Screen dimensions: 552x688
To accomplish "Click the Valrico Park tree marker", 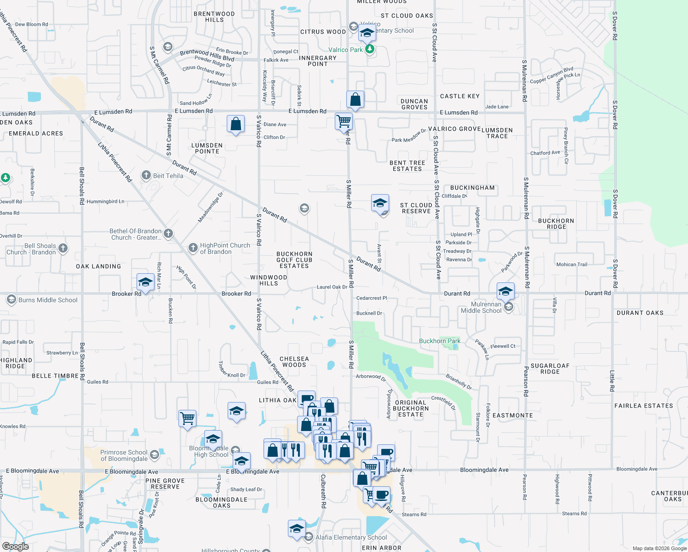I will tap(369, 49).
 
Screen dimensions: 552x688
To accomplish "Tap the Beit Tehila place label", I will tap(168, 176).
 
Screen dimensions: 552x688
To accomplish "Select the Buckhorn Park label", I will tap(439, 341).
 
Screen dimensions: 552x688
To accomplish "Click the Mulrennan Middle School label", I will tap(481, 307).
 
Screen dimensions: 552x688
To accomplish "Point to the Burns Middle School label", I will tap(48, 300).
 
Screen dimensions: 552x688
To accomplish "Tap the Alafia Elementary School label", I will tap(351, 537).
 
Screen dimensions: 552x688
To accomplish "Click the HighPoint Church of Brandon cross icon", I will tap(193, 248).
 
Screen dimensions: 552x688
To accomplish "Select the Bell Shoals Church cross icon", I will tap(63, 248).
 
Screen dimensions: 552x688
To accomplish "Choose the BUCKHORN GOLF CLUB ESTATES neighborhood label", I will tap(294, 260).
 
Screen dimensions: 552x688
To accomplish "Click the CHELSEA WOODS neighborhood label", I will tap(294, 362).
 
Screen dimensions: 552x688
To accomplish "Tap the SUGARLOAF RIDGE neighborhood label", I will tap(550, 368).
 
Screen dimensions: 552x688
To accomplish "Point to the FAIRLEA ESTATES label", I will tap(643, 406).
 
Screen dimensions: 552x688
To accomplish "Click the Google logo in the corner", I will tap(16, 546).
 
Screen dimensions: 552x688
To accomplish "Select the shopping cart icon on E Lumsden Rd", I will tap(344, 121).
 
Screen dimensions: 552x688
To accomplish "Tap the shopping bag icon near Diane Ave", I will tap(235, 124).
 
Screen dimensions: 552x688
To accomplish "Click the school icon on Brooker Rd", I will tap(145, 282).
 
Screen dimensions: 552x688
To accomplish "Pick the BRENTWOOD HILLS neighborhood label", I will tap(214, 17).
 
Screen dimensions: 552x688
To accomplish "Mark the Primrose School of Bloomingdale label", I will tap(124, 455).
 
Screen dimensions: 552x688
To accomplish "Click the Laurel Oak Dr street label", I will tap(332, 287).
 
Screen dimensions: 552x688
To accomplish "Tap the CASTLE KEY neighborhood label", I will tap(460, 96).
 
